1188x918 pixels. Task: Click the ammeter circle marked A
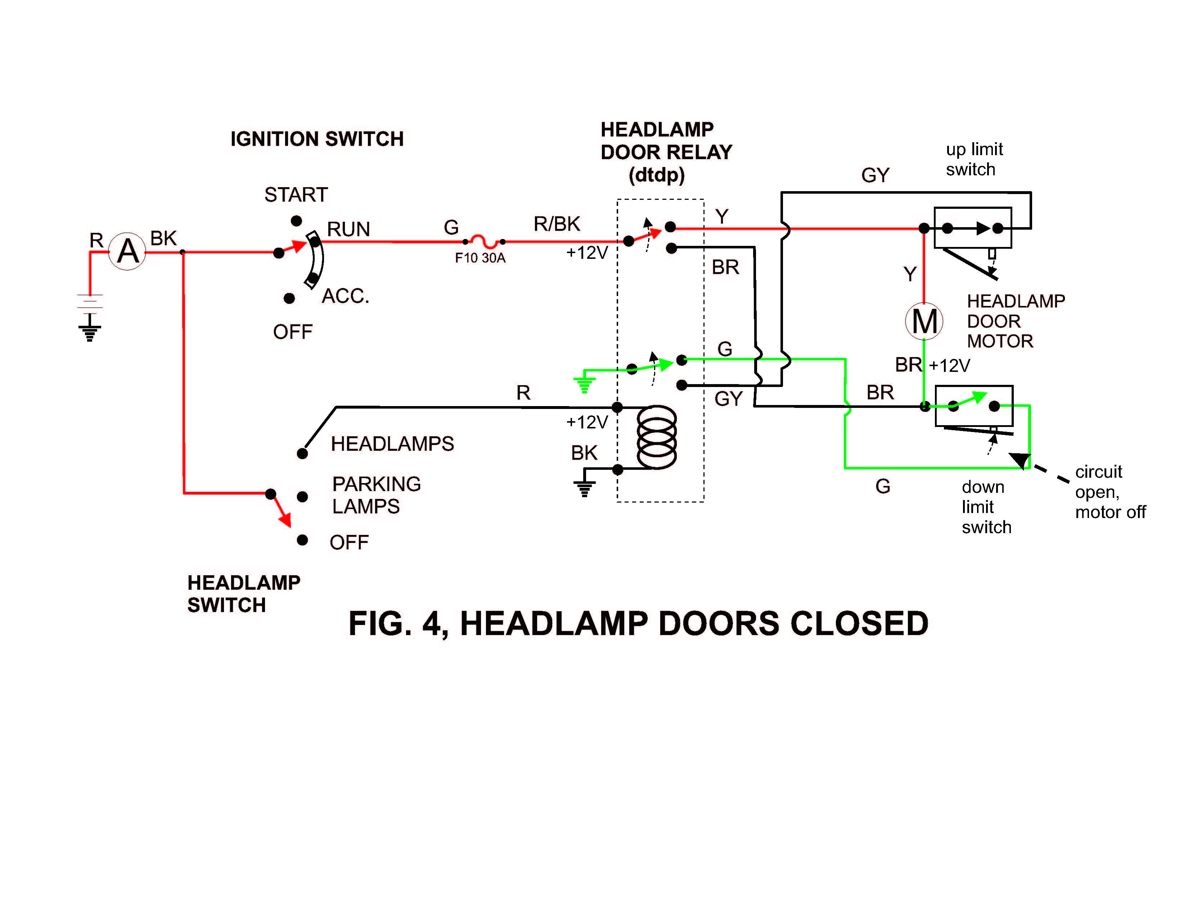(x=127, y=251)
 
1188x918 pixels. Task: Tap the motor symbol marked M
(x=924, y=321)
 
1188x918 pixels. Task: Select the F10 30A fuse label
(x=480, y=258)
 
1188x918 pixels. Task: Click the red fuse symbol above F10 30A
(x=483, y=240)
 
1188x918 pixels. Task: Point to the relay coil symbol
(x=657, y=437)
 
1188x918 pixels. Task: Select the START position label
(x=296, y=195)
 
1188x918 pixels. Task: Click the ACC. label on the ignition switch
(x=345, y=296)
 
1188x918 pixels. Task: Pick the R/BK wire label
(x=557, y=224)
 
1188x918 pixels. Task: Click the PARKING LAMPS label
(x=376, y=495)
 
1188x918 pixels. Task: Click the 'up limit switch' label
(x=974, y=159)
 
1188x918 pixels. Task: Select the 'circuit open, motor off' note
(x=1110, y=492)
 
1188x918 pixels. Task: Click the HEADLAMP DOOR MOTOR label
(x=1015, y=321)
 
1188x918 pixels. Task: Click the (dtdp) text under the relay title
(x=656, y=175)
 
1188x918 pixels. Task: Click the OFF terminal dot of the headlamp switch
(x=302, y=540)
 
